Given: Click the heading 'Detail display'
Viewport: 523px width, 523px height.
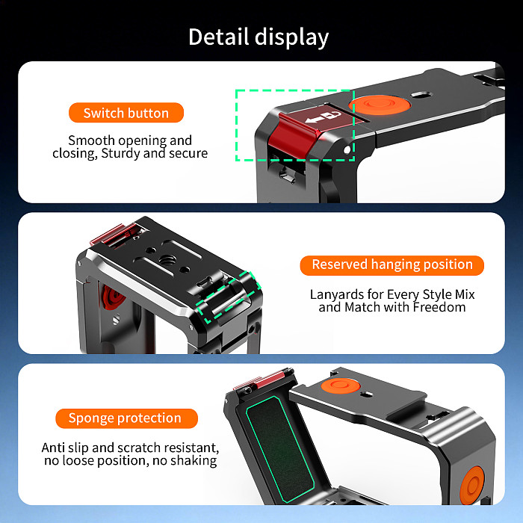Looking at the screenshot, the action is click(259, 37).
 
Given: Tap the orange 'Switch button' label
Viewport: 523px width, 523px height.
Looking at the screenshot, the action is click(126, 113).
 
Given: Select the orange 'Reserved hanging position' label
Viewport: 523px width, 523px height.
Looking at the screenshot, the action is click(392, 265).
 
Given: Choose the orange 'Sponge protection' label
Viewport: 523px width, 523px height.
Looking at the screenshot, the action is click(126, 418).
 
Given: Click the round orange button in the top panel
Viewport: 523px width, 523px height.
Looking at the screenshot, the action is click(380, 105).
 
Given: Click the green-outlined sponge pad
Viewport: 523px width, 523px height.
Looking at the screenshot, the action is click(280, 448).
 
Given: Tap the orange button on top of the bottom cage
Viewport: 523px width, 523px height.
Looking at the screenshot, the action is click(341, 386).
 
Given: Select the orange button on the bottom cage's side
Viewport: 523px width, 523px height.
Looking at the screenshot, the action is click(471, 486).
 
